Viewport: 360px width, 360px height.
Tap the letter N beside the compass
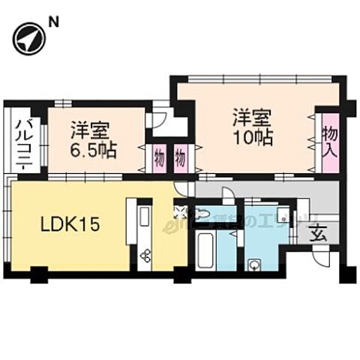53,22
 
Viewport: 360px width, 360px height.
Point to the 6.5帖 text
94,149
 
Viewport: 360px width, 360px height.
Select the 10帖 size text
252,138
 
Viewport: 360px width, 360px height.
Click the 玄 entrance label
318,233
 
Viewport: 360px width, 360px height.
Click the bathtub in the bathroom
205,248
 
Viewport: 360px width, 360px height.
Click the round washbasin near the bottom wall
256,264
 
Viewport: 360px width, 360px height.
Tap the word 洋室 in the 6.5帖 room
88,129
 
